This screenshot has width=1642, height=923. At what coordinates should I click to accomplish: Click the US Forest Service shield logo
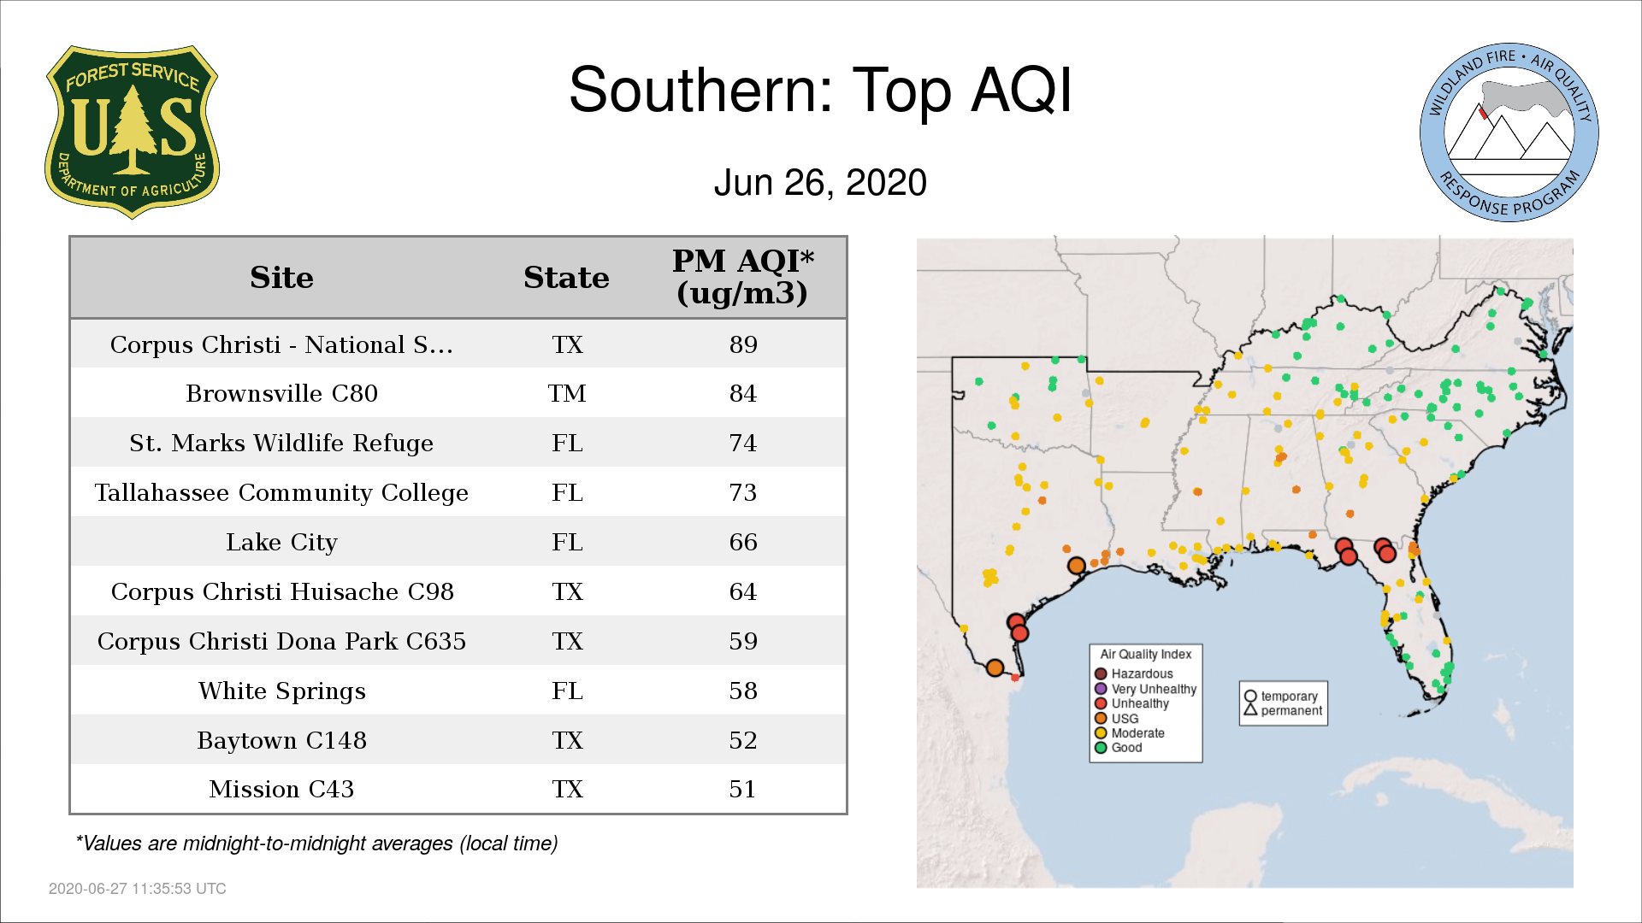132,132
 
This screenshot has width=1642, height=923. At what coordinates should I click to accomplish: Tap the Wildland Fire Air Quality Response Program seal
1509,132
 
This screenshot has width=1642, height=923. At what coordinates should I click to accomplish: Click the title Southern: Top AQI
820,90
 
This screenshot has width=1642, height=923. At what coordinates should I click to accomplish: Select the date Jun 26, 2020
820,183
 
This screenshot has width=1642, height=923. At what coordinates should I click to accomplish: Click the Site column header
281,278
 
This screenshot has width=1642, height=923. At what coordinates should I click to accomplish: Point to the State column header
566,278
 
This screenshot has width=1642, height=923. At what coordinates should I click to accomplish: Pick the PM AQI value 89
743,344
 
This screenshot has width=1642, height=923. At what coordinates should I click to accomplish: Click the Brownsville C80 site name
281,393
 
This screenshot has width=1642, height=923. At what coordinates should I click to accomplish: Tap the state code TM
567,393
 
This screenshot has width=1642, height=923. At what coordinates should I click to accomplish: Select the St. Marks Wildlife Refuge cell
281,443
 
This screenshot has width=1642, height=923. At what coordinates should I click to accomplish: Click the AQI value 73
743,492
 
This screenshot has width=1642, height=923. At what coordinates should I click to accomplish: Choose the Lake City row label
281,543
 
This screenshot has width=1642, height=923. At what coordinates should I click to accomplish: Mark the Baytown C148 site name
281,740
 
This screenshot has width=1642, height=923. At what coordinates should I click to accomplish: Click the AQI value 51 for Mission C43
743,789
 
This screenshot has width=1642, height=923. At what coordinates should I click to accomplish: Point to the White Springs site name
281,691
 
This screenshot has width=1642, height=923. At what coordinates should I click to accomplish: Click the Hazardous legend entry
1135,674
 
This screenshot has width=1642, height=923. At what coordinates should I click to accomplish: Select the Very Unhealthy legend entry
1146,689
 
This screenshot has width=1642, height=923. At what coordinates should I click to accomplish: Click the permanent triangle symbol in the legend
1250,710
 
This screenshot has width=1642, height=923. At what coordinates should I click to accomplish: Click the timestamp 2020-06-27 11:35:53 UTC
138,889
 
